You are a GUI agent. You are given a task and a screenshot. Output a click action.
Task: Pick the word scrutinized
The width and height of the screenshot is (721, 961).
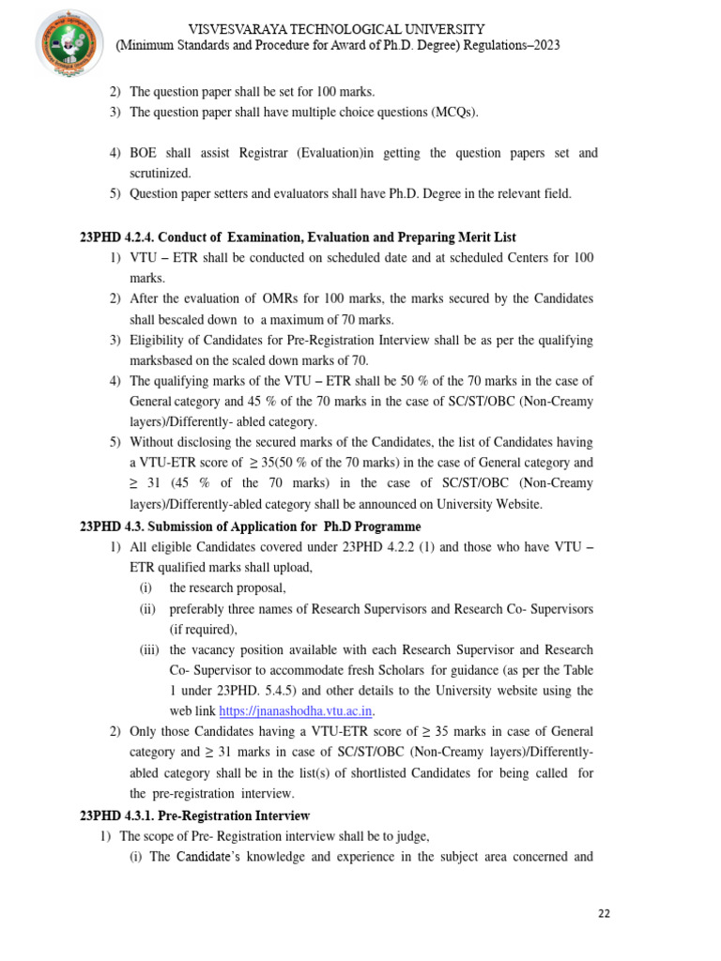(x=160, y=174)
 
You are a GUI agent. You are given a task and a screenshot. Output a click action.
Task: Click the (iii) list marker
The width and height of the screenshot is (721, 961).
(x=147, y=649)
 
